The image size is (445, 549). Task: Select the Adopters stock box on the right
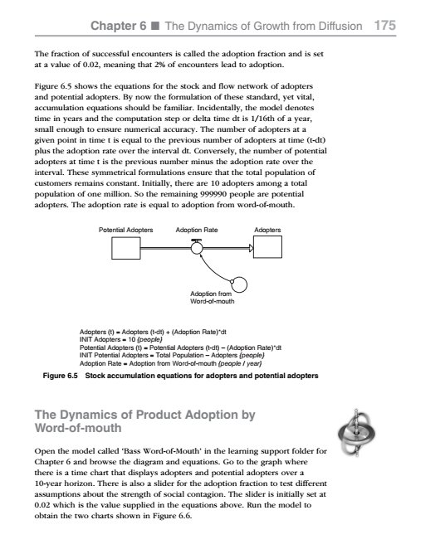coord(267,247)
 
